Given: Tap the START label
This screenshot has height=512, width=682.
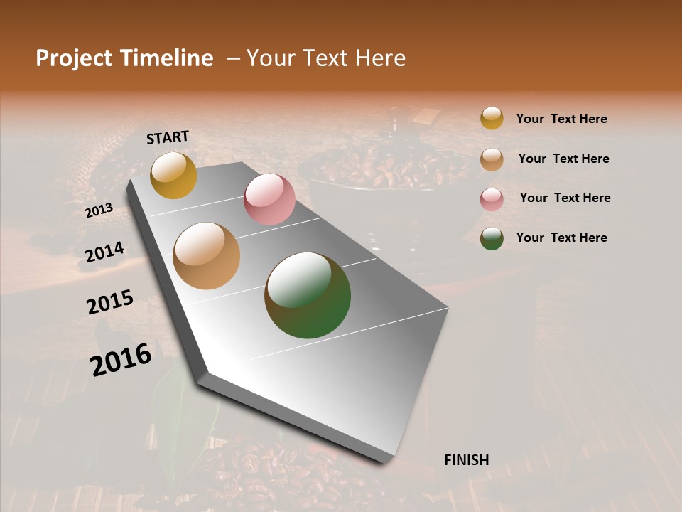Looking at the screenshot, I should point(168,137).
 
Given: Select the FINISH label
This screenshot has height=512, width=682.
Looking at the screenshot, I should point(467,460).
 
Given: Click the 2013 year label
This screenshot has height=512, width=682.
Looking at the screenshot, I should point(99,210).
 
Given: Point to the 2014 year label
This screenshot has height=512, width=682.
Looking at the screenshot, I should point(105,252).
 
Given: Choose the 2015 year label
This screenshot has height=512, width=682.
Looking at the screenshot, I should point(110,302).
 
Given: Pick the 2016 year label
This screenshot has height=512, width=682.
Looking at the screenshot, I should point(121,360).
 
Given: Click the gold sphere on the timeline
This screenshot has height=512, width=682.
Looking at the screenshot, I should point(173,175).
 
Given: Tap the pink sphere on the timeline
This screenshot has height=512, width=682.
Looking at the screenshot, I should point(269,199).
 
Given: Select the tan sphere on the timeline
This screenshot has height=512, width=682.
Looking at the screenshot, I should point(207,256).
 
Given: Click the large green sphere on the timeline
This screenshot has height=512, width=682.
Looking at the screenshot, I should point(308,295).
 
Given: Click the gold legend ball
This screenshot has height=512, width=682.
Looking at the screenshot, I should point(492,118).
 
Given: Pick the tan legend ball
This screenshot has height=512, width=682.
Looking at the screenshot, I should point(492,159).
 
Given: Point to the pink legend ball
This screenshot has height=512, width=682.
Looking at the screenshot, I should point(492,198).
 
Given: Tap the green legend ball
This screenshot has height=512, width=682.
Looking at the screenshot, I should point(492,238).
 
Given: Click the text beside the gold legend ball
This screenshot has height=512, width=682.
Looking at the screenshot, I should point(561,119).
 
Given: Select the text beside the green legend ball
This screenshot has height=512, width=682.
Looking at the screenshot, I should point(561,238).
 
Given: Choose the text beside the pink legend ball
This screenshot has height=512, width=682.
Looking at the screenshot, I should point(565,198).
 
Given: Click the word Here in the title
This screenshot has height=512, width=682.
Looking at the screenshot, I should point(380,58).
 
